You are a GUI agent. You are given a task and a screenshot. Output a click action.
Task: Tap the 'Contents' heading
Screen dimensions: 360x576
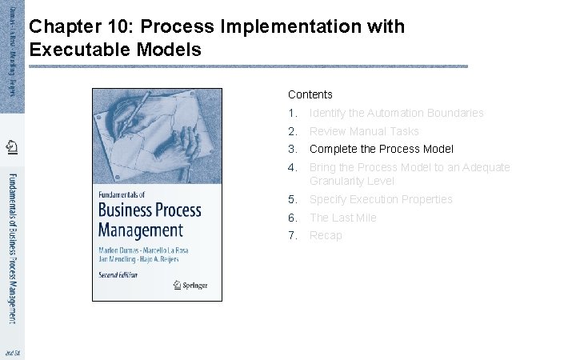tap(310, 94)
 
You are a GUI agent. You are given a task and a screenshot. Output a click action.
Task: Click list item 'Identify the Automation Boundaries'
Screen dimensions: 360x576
tap(396, 113)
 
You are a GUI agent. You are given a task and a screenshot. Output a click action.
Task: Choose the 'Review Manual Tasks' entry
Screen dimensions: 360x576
tap(364, 131)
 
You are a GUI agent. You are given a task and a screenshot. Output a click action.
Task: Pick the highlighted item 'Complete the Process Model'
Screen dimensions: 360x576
tap(381, 149)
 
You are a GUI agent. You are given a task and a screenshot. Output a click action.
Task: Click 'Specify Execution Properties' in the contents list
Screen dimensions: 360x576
tap(381, 199)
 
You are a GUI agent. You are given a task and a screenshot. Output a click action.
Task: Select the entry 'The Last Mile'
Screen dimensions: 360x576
tap(342, 218)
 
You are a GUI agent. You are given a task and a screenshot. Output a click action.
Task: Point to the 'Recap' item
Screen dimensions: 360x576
tap(326, 235)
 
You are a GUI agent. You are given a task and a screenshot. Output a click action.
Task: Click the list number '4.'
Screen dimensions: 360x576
tap(293, 167)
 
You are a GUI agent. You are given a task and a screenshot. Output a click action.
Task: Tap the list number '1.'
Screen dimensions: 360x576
tap(293, 113)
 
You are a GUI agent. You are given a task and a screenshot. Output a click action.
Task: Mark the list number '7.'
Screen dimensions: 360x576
tap(293, 235)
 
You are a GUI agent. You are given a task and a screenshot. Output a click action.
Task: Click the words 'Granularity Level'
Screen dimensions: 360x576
tap(351, 181)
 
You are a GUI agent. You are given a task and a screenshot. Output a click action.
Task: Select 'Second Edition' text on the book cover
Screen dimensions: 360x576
tap(118, 274)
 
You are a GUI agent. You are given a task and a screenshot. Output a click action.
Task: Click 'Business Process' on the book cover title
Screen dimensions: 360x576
tap(149, 211)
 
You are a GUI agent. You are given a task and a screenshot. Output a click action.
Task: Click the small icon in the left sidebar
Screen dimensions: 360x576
tap(12, 146)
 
